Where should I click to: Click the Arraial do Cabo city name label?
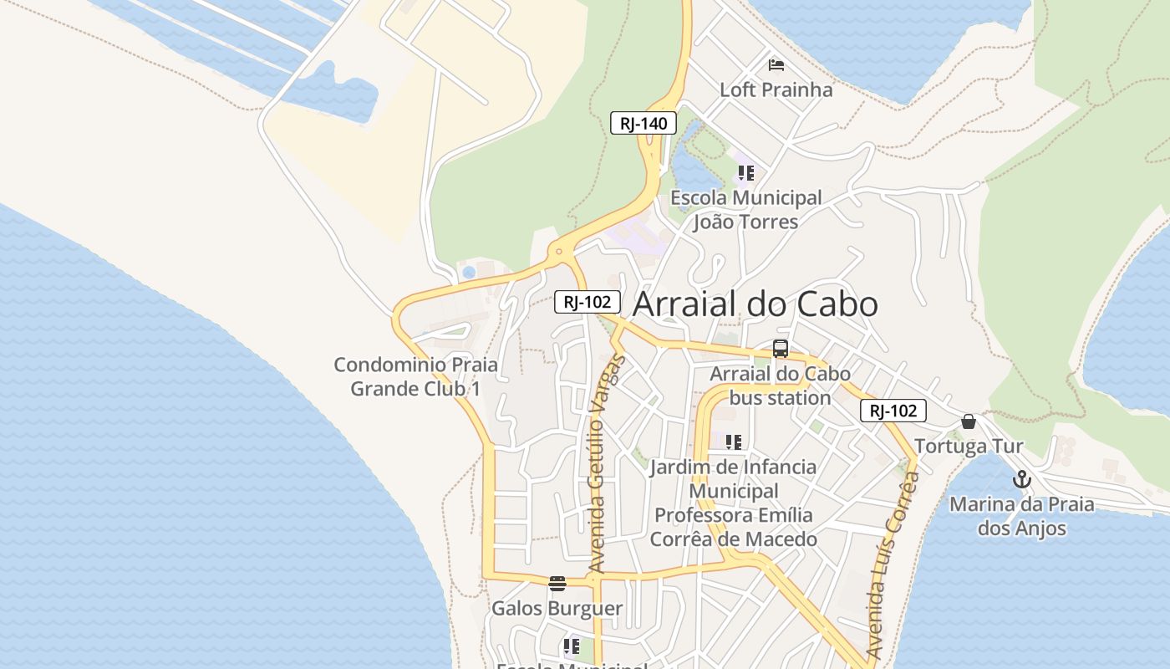click(755, 304)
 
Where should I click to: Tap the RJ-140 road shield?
click(643, 124)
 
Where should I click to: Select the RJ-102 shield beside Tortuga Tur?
click(893, 411)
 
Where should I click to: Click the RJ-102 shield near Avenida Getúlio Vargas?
click(588, 302)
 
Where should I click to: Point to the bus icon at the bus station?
click(781, 349)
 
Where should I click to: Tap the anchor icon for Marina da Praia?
click(1021, 480)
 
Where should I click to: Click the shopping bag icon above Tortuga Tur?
click(969, 421)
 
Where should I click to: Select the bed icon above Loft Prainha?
click(776, 64)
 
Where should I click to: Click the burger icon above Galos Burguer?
click(557, 583)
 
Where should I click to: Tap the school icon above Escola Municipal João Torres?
click(745, 173)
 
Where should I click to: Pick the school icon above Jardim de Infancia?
click(733, 442)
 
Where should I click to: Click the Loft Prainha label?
click(776, 89)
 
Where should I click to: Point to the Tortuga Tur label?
click(969, 446)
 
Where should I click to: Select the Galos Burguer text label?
click(557, 608)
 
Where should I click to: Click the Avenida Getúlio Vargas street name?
click(606, 464)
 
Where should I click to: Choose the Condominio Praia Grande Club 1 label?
click(415, 376)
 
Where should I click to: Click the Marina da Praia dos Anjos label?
click(1022, 516)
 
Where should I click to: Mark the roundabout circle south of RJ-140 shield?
click(558, 251)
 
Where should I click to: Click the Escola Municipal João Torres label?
click(746, 210)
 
